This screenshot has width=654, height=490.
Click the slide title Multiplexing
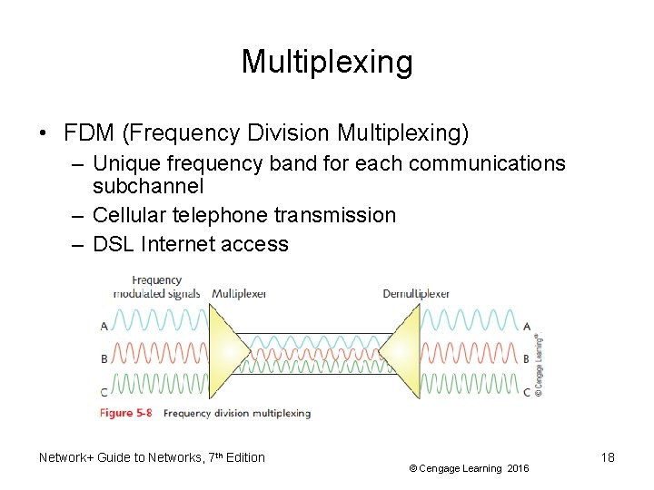coord(327,62)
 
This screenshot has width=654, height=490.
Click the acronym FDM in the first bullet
coord(88,133)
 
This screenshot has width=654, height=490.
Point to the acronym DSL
coord(114,244)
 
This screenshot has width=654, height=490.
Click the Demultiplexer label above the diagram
coord(416,293)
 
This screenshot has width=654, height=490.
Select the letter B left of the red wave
coord(104,359)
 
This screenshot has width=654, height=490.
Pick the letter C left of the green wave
coord(104,391)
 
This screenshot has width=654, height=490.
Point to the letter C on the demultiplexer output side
coord(527,392)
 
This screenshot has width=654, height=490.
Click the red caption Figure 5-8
coord(126,413)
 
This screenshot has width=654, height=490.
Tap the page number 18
coord(608,457)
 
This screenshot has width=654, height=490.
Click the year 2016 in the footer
coord(518,468)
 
